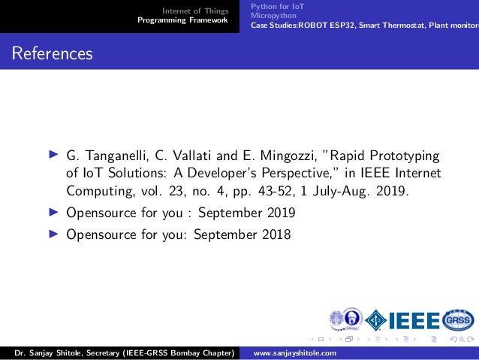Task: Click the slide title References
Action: (x=52, y=54)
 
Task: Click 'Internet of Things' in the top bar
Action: (x=196, y=11)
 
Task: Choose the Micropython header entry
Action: (x=274, y=15)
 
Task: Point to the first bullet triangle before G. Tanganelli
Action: (x=53, y=156)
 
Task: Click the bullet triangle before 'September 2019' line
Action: (x=53, y=212)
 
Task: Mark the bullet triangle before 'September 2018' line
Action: (x=53, y=234)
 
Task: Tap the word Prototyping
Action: (x=400, y=156)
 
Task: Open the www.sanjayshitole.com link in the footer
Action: (x=296, y=353)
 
